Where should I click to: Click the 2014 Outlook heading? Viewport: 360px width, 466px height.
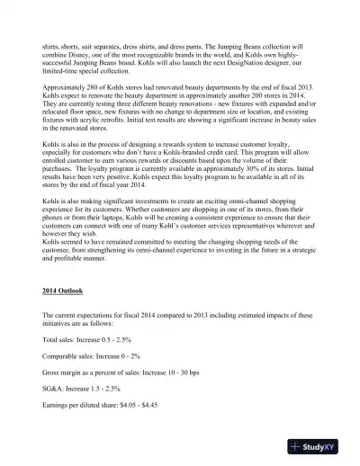[67, 292]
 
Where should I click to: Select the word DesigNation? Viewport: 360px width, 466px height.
[241, 67]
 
